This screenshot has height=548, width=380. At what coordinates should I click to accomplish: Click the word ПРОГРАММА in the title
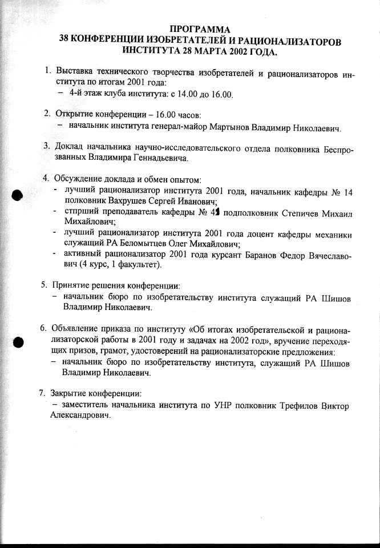(200, 30)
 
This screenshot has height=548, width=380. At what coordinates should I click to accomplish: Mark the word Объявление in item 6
(79, 331)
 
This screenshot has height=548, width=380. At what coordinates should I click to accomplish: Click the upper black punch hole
(17, 195)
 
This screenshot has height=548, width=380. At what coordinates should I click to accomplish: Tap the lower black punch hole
(17, 342)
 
